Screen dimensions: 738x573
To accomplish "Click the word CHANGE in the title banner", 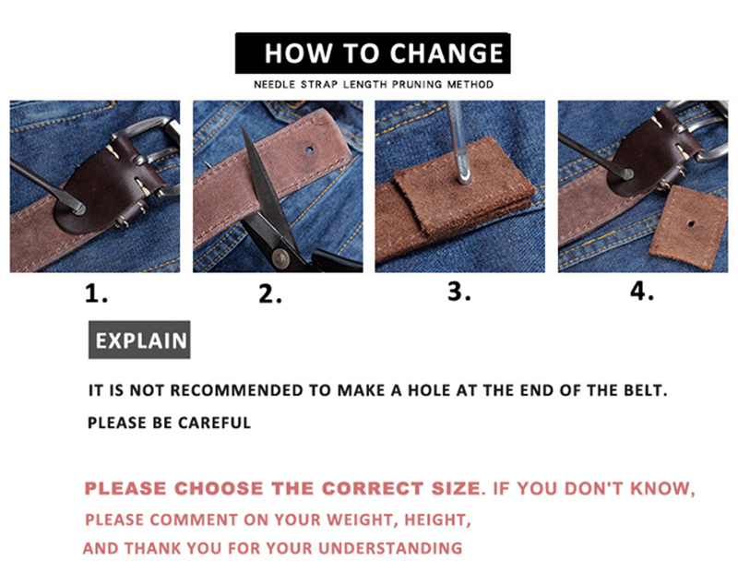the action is [446, 54].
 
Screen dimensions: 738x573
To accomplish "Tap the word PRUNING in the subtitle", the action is [417, 85].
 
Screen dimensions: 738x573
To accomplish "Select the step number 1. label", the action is [96, 293].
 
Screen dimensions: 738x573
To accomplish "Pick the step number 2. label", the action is [270, 293].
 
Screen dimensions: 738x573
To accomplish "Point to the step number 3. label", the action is [458, 291].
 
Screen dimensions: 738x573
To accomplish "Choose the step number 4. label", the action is [642, 291].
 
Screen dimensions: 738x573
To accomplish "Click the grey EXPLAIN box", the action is [139, 340].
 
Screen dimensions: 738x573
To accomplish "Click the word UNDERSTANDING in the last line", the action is [390, 548].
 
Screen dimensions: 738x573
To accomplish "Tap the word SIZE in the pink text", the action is [456, 488].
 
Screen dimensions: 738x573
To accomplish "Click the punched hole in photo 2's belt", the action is [309, 150].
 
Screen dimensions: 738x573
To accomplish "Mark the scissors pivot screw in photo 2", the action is [281, 257].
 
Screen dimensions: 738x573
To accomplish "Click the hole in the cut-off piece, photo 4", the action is [690, 224].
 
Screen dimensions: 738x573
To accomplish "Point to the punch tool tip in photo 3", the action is [463, 178].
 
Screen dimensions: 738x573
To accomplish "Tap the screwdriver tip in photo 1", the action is [77, 209].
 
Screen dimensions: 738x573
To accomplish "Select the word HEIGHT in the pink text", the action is [437, 519].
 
